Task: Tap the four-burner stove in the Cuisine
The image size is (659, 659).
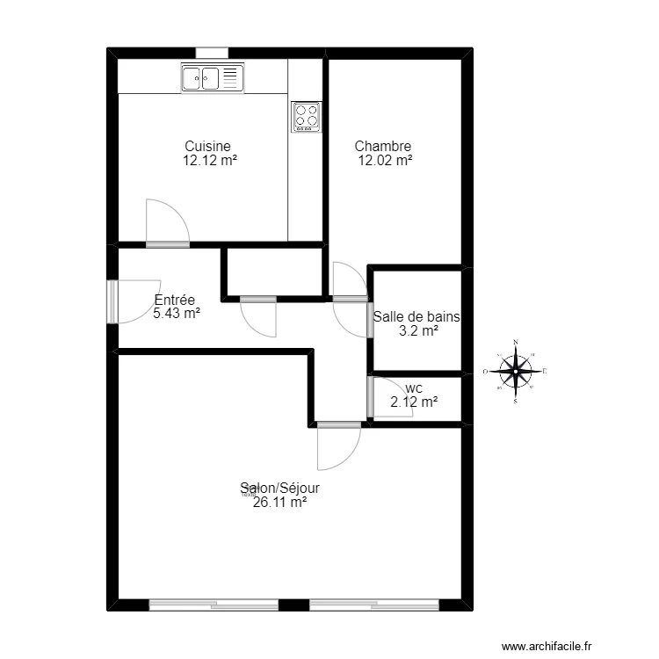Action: click(x=307, y=117)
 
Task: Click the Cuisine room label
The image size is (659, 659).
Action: click(x=208, y=147)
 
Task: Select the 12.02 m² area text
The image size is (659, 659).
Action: click(x=385, y=161)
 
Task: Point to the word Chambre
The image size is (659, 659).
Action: click(x=383, y=147)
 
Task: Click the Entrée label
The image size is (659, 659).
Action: click(x=174, y=300)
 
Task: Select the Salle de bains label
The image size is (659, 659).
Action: click(x=417, y=317)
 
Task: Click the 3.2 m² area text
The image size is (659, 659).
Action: click(x=417, y=331)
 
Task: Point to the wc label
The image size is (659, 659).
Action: click(x=414, y=387)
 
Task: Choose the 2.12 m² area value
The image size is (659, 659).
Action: click(x=414, y=402)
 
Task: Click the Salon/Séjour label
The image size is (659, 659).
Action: click(x=280, y=488)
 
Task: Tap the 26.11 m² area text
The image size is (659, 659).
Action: click(x=280, y=503)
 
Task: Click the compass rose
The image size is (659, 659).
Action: click(x=517, y=371)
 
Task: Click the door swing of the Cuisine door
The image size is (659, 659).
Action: click(x=164, y=222)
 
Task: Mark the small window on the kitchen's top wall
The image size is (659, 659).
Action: click(x=212, y=53)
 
